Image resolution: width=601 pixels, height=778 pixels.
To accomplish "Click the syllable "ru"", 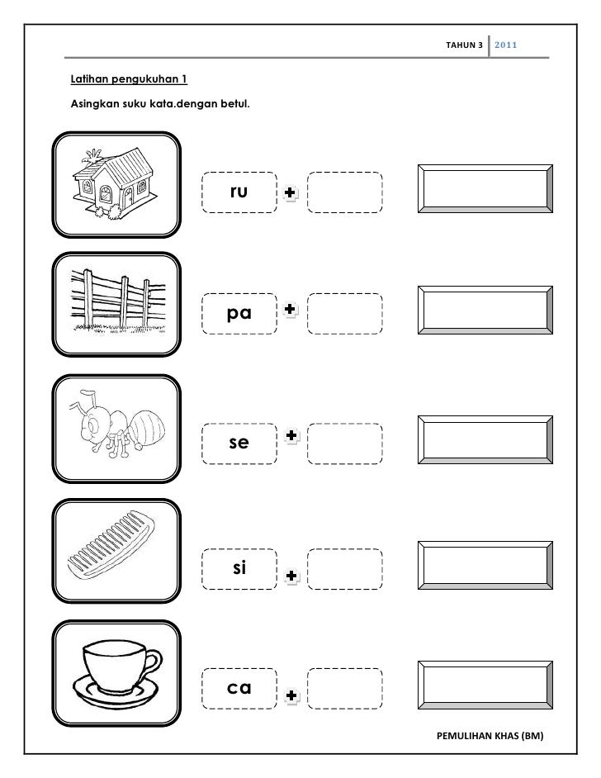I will [239, 192].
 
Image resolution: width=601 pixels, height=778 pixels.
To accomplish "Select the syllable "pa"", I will [240, 314].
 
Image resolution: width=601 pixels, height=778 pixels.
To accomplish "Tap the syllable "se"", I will [239, 443].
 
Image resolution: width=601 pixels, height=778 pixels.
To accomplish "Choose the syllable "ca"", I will [240, 687].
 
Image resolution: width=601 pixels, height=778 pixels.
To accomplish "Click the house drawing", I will [116, 183].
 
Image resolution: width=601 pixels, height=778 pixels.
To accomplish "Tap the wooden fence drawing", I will [116, 305].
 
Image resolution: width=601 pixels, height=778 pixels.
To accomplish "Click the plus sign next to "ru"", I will [289, 192].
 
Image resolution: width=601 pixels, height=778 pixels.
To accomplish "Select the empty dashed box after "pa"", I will [345, 314].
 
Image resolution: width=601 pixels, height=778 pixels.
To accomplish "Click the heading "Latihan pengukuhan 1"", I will [129, 80].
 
